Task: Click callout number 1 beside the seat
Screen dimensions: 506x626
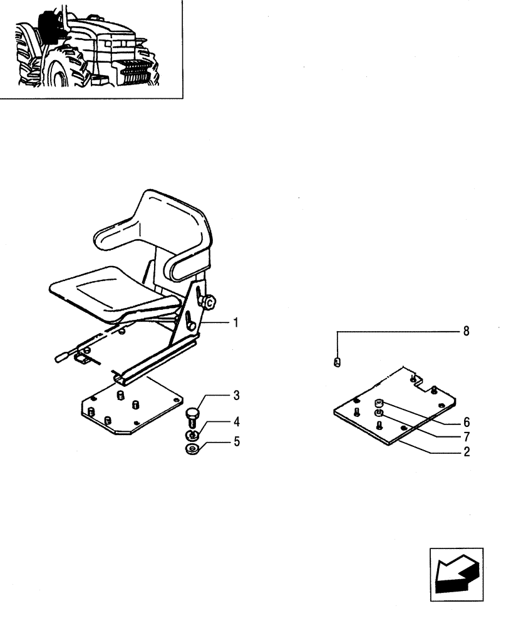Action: coord(236,323)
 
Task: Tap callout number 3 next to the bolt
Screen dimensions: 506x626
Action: coord(236,396)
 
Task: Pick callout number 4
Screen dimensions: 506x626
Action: coord(236,421)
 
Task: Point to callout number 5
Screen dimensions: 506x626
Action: coord(236,442)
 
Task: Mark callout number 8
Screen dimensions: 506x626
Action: coord(465,331)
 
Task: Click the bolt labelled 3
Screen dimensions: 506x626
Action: coord(193,416)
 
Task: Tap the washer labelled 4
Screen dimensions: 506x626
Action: coord(193,435)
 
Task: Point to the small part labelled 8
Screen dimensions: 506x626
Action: coord(338,362)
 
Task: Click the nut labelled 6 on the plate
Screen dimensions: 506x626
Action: coord(379,404)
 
